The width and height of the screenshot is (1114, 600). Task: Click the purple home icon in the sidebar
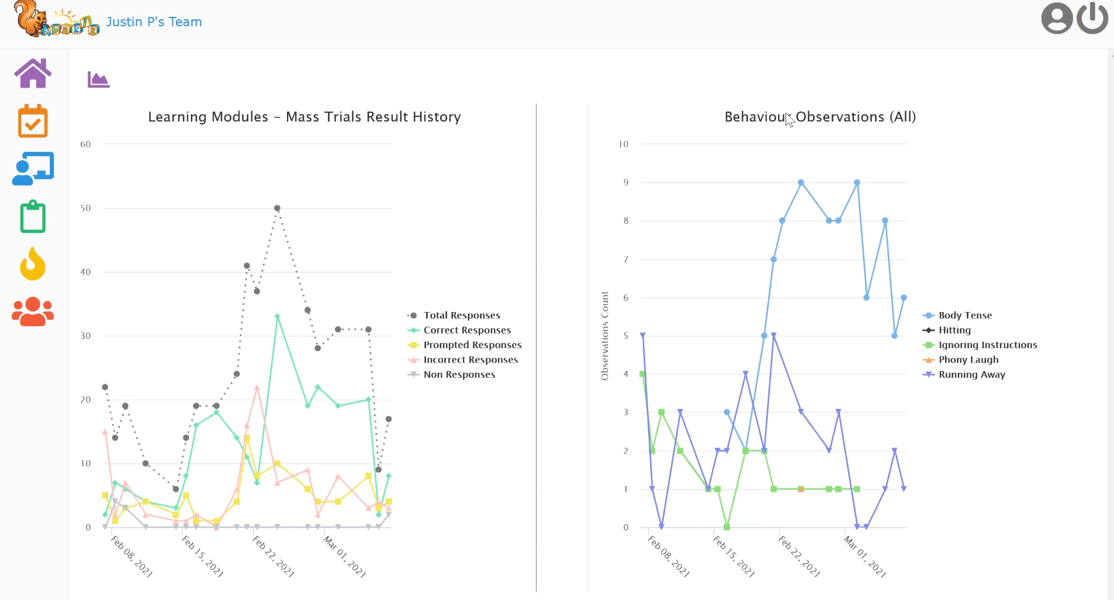[33, 74]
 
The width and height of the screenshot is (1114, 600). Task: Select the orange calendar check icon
[33, 121]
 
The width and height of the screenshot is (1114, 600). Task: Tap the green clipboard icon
[33, 217]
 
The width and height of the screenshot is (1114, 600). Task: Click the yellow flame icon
[33, 264]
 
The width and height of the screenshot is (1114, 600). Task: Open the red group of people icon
[33, 311]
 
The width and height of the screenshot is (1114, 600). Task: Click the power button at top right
[1092, 18]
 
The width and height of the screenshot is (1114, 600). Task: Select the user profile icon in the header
[1057, 18]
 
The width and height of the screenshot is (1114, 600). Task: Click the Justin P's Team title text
[154, 22]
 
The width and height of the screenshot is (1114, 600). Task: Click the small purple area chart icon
[98, 79]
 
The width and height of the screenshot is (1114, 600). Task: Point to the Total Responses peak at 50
[277, 209]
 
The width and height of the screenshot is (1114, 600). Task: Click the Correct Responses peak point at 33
[277, 317]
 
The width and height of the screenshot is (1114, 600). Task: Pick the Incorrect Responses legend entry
[470, 360]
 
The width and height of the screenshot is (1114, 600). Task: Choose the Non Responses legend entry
[459, 374]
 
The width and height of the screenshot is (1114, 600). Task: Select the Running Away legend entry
[971, 374]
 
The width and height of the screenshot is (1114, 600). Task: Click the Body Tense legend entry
[965, 315]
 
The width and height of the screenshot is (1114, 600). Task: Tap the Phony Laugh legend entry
[968, 360]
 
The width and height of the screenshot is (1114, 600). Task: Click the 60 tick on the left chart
[85, 144]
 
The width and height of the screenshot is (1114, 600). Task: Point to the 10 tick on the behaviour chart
[623, 144]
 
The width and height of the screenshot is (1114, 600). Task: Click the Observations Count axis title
[605, 336]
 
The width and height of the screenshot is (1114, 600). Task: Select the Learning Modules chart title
[305, 117]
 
